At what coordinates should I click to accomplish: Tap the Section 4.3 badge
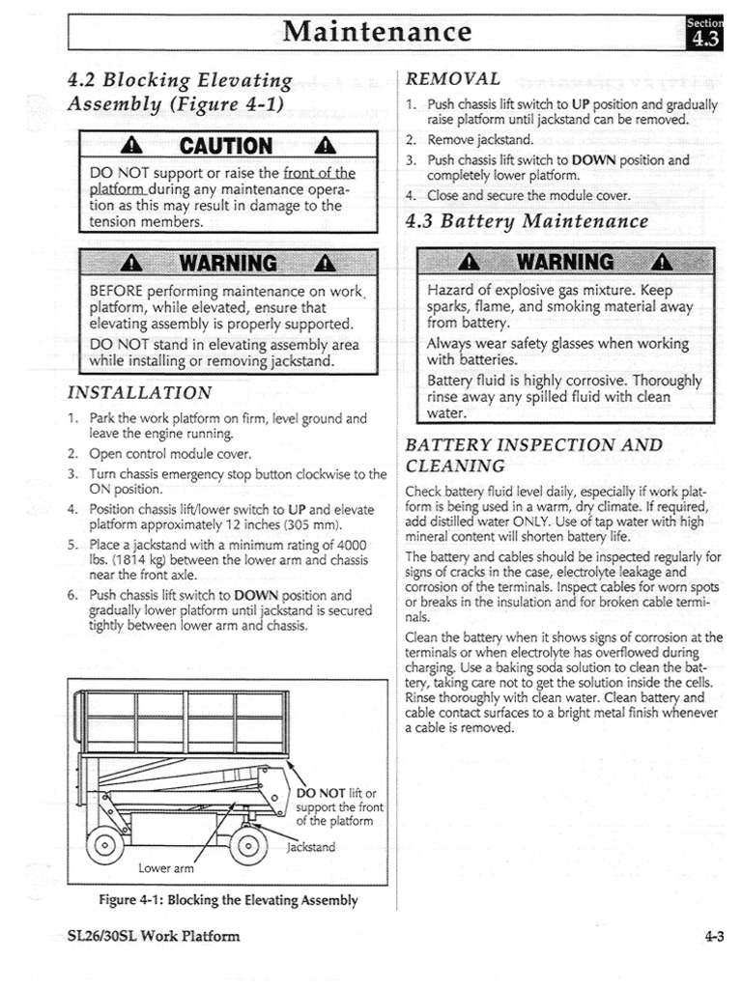coord(702,32)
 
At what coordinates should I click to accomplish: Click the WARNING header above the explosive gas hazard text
coord(565,263)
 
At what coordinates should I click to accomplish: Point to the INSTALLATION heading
coord(139,393)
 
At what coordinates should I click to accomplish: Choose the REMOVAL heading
coord(453,79)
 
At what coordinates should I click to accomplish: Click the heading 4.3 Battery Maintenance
coord(527,221)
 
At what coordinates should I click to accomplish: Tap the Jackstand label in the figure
coord(311,847)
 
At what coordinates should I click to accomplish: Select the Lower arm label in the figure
coord(165,867)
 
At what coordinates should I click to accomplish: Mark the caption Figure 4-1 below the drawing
coord(228,900)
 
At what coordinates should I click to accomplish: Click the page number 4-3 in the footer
coord(714,935)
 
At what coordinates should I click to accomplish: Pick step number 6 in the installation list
coord(73,595)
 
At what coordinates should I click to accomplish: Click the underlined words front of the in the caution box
coord(320,174)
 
